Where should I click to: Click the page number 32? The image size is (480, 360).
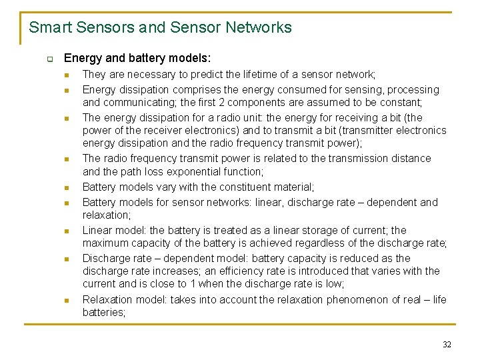pyautogui.click(x=447, y=344)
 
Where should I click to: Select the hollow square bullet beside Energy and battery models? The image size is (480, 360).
pyautogui.click(x=49, y=59)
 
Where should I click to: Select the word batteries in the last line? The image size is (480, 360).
pyautogui.click(x=103, y=313)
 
